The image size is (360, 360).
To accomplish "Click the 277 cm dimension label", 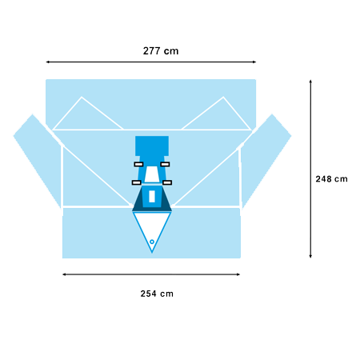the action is tap(161, 50).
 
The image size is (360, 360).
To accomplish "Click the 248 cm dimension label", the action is tap(331, 179).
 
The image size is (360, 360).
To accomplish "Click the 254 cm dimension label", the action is tap(157, 294).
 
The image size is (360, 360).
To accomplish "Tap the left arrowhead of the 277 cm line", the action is tap(48, 62).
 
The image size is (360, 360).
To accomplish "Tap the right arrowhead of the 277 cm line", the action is tap(254, 62).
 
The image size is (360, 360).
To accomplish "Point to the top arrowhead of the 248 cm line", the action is tap(310, 82).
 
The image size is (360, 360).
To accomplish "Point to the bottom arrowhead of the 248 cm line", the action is tap(310, 256).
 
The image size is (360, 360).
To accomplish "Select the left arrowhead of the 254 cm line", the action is tap(64, 274).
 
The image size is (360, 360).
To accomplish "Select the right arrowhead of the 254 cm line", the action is tap(238, 274).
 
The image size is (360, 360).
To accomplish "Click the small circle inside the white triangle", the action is tap(152, 242).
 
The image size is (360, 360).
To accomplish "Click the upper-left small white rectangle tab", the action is tap(138, 164).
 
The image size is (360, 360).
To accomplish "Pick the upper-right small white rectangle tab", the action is tap(165, 164).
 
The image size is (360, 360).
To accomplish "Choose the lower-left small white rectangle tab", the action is tap(137, 182).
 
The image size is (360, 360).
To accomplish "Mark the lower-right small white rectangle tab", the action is tap(167, 182).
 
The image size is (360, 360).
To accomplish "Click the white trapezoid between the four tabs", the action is tap(152, 174).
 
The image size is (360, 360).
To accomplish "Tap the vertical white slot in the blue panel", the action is tap(152, 196).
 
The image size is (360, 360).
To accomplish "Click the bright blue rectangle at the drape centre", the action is tap(152, 146).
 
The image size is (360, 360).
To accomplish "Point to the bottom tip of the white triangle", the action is tap(152, 252).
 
